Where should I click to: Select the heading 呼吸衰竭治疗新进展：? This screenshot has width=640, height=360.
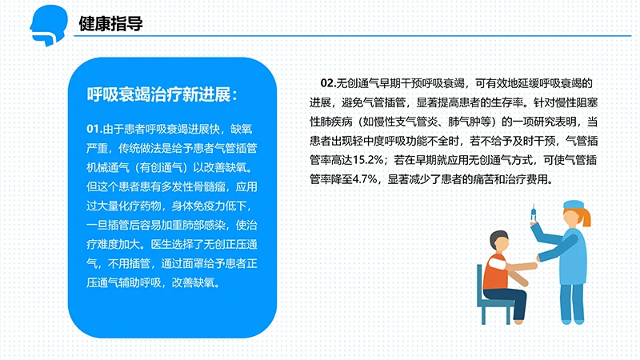click(x=162, y=94)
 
